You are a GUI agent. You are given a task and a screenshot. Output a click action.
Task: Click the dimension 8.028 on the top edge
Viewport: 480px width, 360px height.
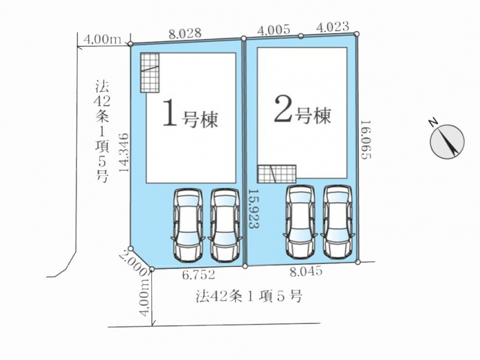pos(185,34)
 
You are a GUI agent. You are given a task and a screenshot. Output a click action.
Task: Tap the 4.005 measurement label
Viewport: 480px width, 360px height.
pos(274,30)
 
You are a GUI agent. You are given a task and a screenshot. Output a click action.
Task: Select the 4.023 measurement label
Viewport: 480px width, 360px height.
pos(332,27)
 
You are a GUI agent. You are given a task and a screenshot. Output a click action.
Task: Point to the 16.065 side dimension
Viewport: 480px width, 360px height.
pos(366,140)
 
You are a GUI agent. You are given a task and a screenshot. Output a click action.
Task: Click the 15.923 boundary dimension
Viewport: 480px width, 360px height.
pos(254,208)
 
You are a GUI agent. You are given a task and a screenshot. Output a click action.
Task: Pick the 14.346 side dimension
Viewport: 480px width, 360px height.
pos(124,152)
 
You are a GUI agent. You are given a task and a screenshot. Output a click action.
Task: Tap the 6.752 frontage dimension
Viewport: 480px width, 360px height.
pos(199,275)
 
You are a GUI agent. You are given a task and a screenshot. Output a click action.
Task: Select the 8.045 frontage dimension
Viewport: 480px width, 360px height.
pos(306,272)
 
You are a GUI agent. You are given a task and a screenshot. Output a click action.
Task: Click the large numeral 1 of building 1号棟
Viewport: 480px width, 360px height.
pos(170,113)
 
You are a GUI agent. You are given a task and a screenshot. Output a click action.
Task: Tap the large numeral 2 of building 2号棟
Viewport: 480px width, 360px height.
pos(283,109)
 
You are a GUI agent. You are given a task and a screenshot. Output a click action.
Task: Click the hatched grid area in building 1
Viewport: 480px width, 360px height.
pos(149,73)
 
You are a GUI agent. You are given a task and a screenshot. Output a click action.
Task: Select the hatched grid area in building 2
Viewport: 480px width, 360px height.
pos(277,174)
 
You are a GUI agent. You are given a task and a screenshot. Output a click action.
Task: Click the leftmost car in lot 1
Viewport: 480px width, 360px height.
pos(188,225)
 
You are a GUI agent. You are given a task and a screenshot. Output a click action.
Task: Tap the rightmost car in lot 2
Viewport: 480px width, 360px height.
pos(338,221)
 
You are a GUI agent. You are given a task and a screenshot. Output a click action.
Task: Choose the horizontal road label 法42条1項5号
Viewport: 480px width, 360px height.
pos(249,296)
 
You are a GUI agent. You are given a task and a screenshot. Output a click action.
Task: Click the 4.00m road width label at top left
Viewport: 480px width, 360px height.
pos(102,40)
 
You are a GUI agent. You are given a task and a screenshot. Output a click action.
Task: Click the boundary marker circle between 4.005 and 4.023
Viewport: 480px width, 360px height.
pos(301,36)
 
